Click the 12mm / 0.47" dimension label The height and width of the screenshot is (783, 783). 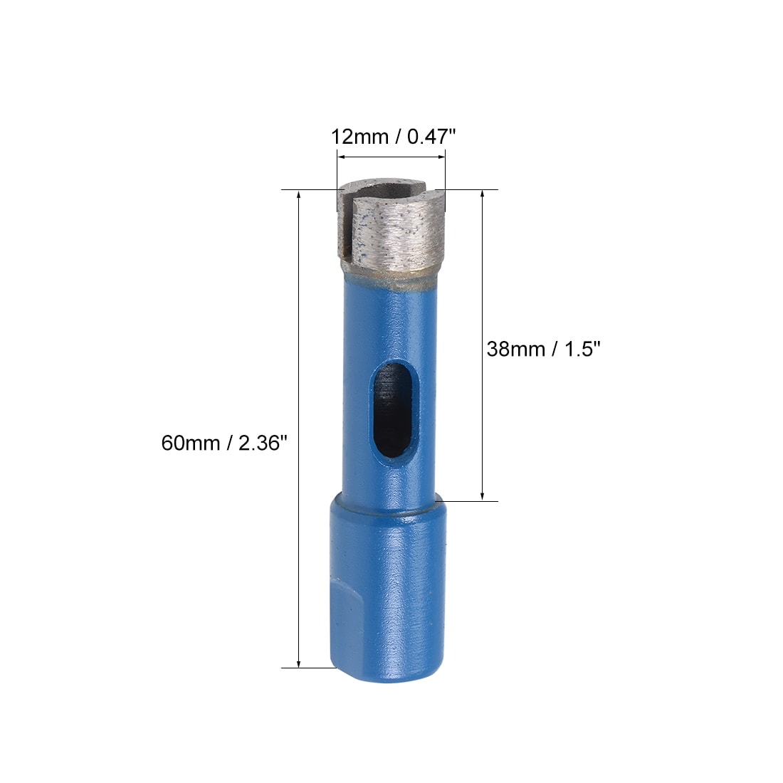pyautogui.click(x=394, y=137)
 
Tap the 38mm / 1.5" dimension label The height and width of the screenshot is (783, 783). pyautogui.click(x=543, y=349)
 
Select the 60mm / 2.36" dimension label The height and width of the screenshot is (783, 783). pyautogui.click(x=224, y=443)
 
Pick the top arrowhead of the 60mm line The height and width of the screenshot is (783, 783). pyautogui.click(x=299, y=195)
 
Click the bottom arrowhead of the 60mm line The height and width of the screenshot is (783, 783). pyautogui.click(x=299, y=663)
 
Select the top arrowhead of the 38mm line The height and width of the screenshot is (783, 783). pyautogui.click(x=483, y=195)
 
